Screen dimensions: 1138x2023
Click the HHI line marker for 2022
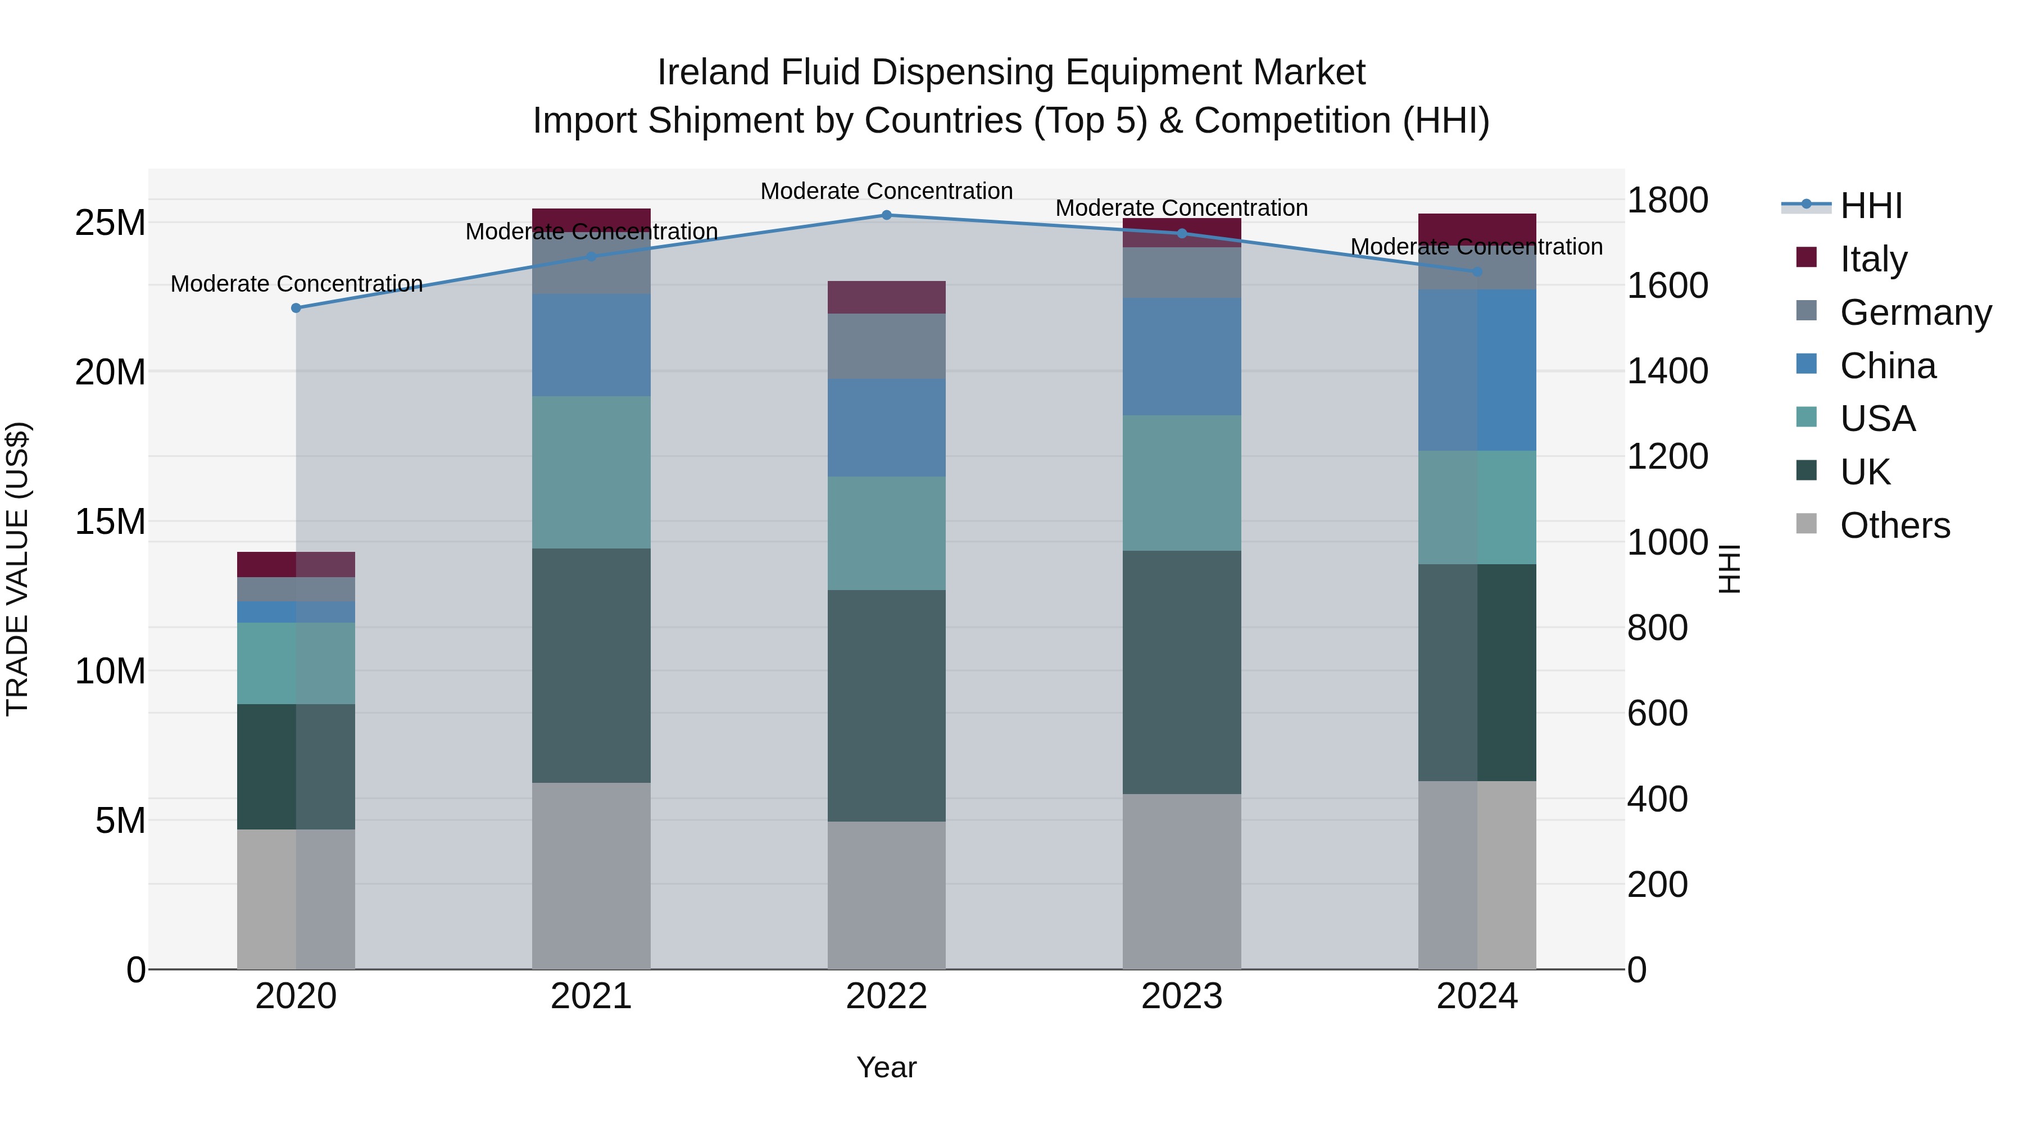[887, 215]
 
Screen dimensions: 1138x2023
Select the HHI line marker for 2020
[296, 308]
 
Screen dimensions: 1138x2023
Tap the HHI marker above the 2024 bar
[1477, 272]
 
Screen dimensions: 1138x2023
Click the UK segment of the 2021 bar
[591, 665]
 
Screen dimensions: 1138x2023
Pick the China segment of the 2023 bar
[1182, 356]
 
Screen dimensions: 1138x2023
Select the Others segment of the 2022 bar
[887, 895]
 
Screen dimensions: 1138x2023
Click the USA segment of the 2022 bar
[887, 533]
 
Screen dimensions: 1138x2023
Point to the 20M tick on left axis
[110, 372]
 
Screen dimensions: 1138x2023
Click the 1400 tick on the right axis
[1667, 371]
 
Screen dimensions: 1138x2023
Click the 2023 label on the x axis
[1182, 996]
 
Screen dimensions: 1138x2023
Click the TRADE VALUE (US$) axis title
[17, 569]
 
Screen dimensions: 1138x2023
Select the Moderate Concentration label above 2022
[887, 191]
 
